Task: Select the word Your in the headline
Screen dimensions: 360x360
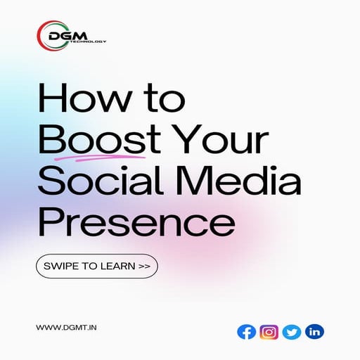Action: (x=224, y=143)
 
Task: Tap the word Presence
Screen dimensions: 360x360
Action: (x=135, y=223)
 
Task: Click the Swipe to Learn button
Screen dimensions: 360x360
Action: (x=96, y=267)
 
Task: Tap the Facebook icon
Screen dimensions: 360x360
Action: (x=246, y=331)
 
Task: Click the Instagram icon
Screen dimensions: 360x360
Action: (x=269, y=331)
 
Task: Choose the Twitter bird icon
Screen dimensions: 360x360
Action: (x=292, y=331)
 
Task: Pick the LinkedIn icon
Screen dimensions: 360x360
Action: (x=314, y=331)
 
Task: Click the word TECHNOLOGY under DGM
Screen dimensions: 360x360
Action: (x=92, y=41)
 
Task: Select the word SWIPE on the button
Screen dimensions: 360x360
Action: (x=59, y=267)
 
